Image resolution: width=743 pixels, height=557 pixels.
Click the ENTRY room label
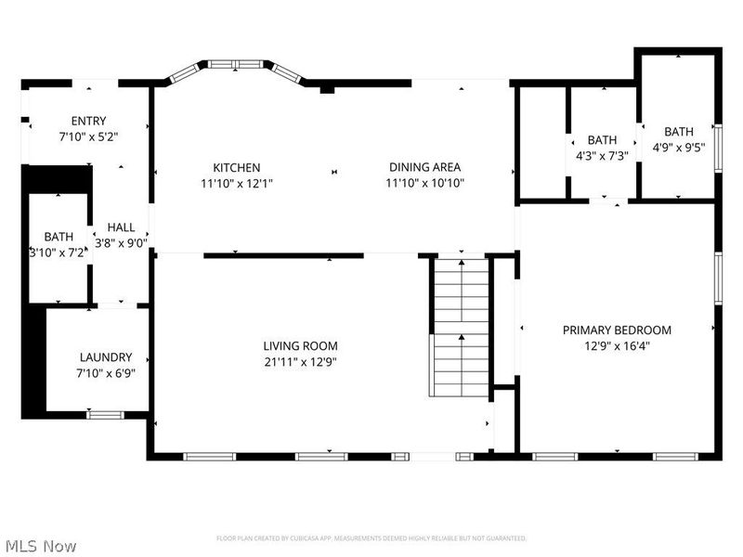88,121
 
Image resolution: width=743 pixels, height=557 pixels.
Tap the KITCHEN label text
236,167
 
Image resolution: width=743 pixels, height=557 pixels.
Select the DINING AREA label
424,167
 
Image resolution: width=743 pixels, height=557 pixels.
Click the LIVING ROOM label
299,346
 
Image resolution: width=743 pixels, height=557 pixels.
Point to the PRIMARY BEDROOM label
617,330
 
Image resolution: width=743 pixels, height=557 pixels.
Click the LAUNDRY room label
106,357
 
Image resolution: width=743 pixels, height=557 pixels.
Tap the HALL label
121,227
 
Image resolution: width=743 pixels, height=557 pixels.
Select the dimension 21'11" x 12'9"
299,362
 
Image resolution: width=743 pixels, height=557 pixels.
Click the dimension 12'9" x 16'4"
617,345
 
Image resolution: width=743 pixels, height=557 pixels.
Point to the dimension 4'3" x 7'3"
602,156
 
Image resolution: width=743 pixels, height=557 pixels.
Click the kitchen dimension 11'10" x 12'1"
236,183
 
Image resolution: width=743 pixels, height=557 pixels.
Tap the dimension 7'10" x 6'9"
106,373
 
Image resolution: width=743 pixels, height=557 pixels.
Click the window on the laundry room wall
105,414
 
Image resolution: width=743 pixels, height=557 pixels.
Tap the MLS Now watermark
41,546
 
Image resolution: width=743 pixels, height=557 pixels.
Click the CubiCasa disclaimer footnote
371,538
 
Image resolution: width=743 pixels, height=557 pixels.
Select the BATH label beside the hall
58,237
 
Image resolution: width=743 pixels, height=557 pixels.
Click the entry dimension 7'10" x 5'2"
88,136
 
